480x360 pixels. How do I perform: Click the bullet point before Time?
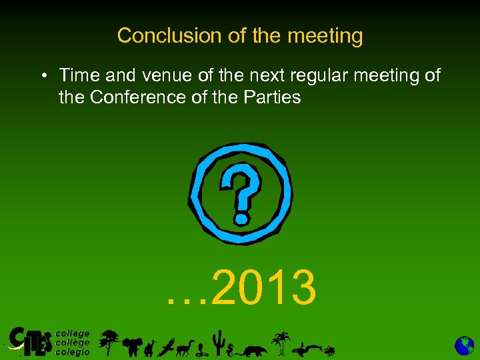coord(42,75)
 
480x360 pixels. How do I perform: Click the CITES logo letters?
coord(28,341)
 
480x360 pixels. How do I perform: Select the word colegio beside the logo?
coord(73,351)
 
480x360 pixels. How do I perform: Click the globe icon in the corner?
coord(464,345)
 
